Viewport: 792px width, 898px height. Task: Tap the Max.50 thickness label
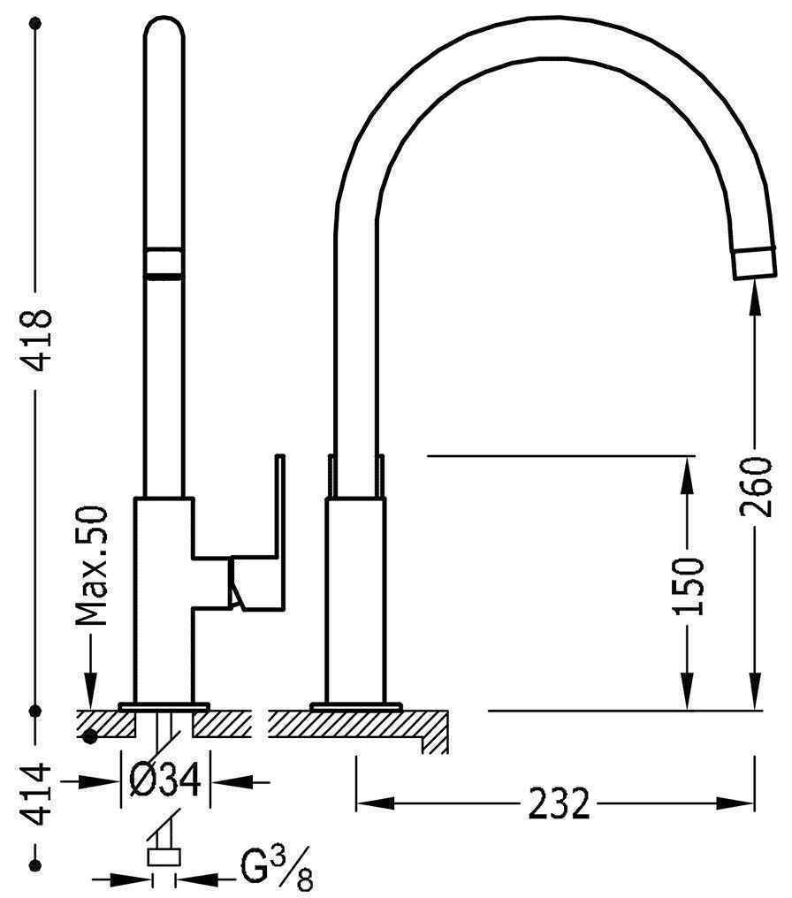[92, 566]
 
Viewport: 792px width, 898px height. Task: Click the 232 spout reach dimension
[559, 803]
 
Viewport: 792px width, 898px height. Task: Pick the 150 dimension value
[687, 586]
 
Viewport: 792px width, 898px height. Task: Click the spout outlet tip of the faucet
[755, 263]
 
